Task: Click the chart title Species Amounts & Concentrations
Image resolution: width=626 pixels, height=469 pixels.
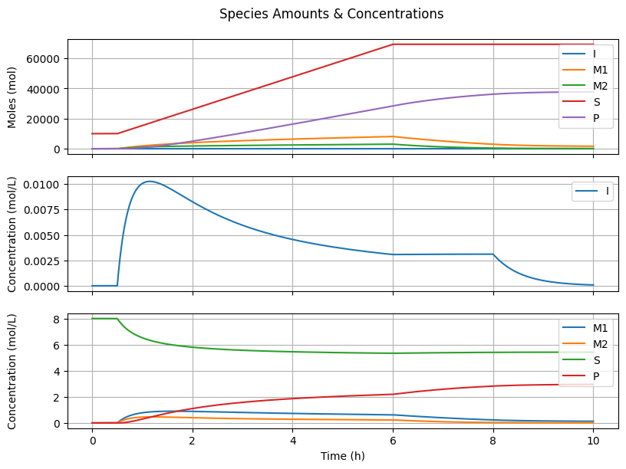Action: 331,14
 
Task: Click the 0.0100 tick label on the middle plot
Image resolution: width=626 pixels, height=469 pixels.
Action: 41,185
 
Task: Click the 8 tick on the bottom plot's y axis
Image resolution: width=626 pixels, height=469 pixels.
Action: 56,319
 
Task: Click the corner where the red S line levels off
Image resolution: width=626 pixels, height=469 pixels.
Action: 394,44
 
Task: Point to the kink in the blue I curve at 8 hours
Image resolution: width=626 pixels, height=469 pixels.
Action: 493,254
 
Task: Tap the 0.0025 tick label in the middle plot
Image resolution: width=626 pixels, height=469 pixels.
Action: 41,261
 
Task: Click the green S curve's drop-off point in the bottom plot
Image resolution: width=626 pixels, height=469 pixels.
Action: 117,319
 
